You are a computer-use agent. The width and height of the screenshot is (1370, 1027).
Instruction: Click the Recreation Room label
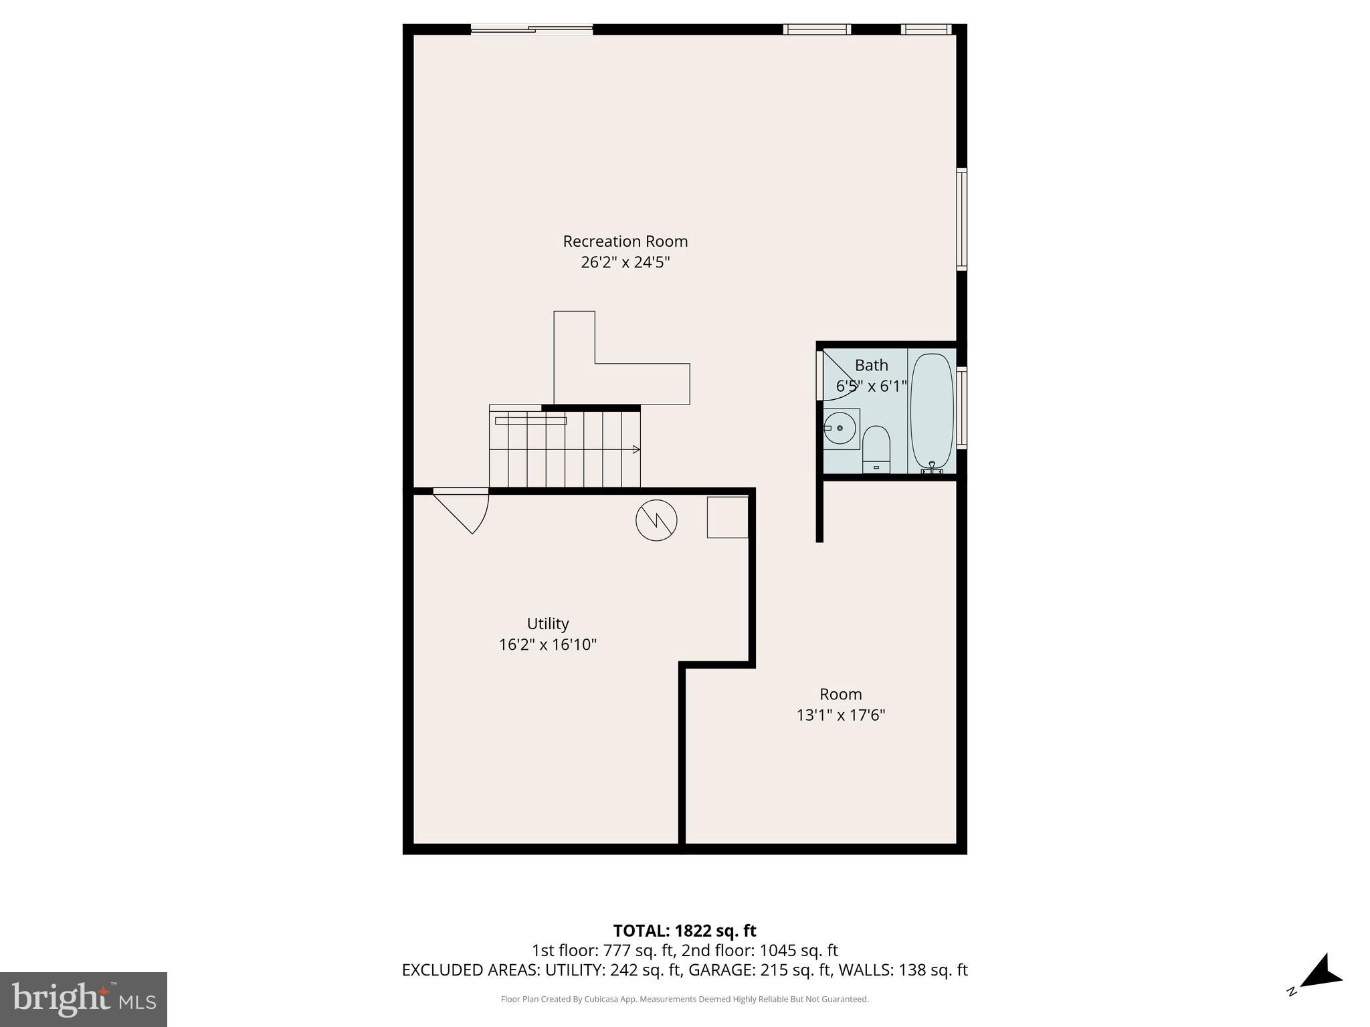click(625, 241)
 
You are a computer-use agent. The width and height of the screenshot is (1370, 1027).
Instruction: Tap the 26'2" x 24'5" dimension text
click(625, 262)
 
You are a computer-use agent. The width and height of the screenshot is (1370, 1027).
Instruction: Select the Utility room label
click(548, 624)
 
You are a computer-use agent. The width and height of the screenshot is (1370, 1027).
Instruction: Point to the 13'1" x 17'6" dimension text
click(840, 715)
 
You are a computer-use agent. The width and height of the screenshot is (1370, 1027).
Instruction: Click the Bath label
click(871, 365)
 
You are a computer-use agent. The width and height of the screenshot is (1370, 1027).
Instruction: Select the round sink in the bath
click(839, 428)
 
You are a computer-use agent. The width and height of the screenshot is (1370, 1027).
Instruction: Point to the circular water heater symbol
click(656, 520)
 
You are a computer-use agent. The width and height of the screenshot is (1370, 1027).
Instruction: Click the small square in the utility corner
click(727, 517)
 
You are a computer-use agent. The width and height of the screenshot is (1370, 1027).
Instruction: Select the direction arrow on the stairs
click(635, 449)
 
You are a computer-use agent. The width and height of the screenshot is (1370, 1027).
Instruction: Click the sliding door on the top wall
click(532, 29)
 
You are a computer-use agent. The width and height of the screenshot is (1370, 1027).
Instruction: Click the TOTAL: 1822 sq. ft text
click(684, 931)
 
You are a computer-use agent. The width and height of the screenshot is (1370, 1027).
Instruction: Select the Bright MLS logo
click(84, 999)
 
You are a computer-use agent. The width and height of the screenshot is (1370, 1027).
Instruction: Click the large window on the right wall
click(961, 219)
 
